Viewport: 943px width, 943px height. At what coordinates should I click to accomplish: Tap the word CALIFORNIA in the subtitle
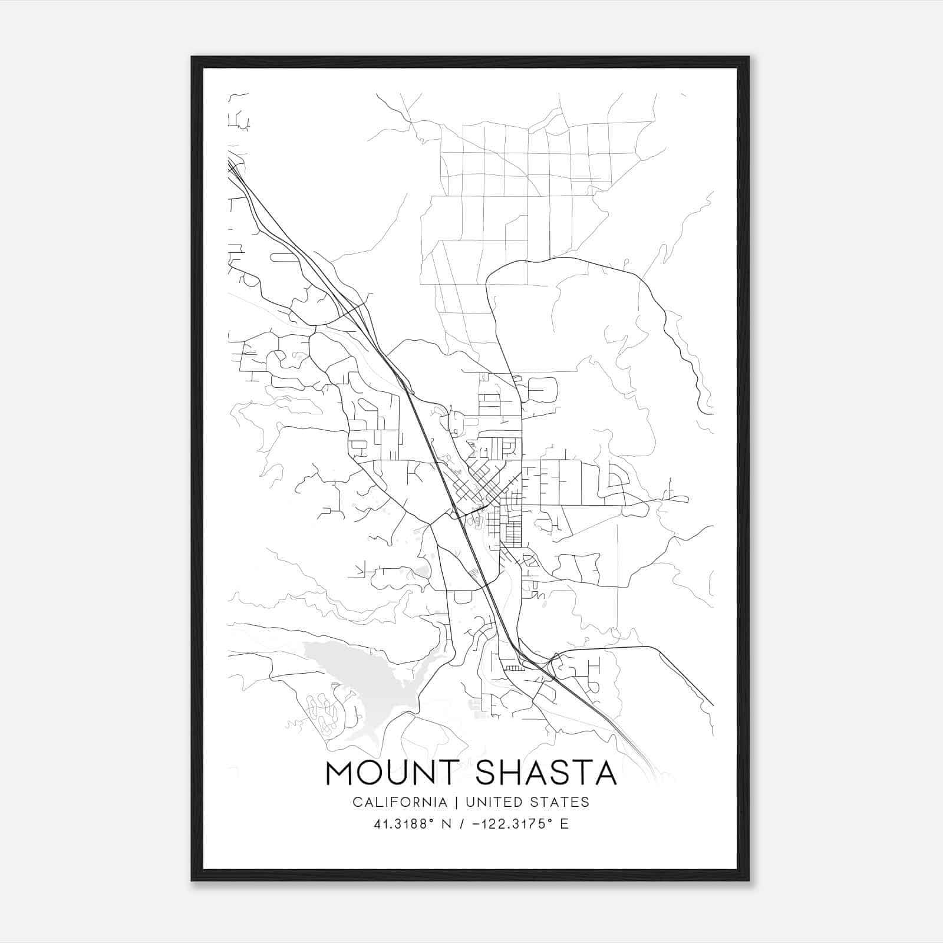(x=400, y=802)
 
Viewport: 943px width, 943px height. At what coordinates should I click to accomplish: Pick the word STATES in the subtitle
(x=564, y=802)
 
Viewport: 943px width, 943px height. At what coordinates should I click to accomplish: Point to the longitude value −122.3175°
(x=512, y=824)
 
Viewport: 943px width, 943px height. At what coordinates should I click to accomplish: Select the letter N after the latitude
(x=447, y=824)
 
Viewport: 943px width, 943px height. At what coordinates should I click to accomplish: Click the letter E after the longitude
(x=564, y=824)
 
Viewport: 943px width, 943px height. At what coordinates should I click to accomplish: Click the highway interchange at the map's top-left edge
(x=236, y=168)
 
